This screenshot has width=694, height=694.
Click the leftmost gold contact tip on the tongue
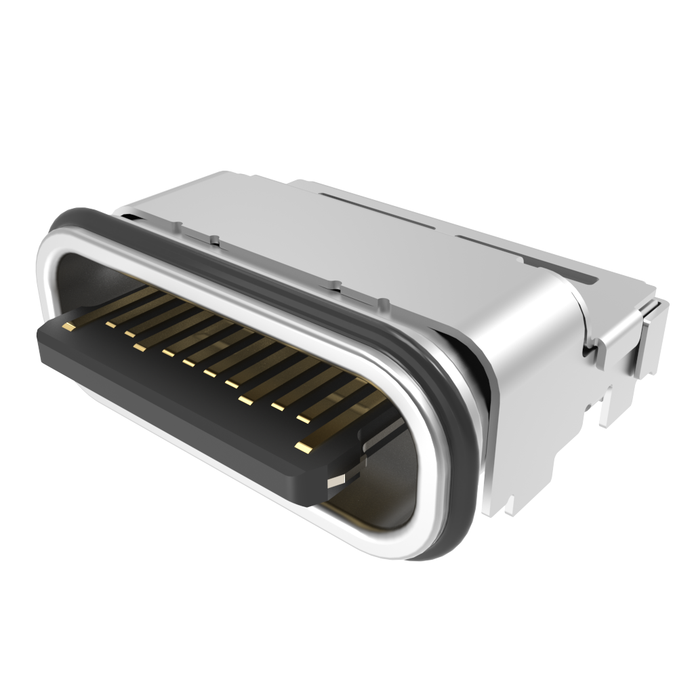tap(68, 327)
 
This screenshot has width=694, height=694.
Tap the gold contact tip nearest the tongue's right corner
tap(302, 447)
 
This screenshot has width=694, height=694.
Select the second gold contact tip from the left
tap(110, 325)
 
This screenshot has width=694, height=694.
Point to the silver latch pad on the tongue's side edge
tap(336, 482)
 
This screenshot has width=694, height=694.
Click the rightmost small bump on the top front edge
tap(385, 302)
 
